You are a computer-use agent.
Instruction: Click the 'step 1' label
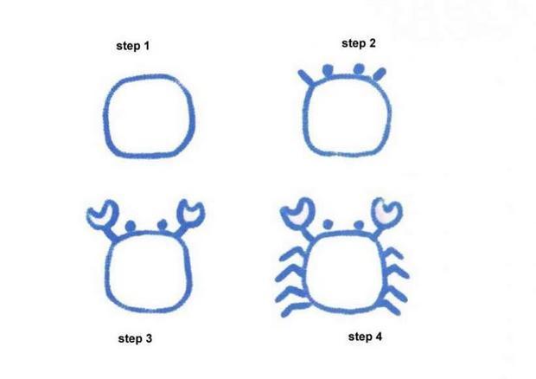133,46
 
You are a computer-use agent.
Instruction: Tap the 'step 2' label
358,42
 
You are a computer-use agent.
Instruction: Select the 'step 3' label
135,338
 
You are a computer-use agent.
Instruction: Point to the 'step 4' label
365,336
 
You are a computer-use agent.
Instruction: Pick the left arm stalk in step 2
304,77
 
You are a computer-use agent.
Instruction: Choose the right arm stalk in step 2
380,74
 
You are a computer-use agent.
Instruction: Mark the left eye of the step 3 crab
131,225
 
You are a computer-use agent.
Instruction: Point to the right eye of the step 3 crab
162,225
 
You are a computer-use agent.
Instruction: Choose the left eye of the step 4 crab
329,225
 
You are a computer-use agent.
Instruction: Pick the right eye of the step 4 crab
357,224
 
